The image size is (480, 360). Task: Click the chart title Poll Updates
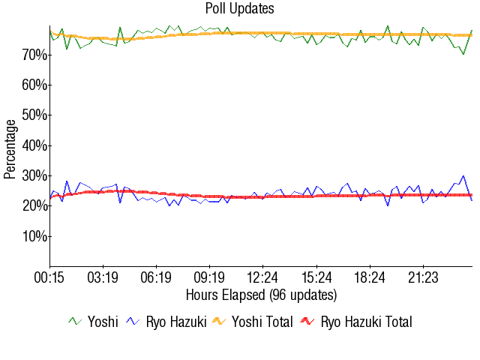[x=240, y=9]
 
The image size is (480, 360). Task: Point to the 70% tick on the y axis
[x=34, y=55]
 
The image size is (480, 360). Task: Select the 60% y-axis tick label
[x=34, y=85]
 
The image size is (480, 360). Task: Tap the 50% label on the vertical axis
[x=34, y=115]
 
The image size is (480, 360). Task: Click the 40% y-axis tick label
[x=34, y=145]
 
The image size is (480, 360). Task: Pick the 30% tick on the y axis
[x=34, y=175]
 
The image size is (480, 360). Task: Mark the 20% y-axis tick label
[x=34, y=205]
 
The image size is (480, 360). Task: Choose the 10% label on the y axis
[x=34, y=236]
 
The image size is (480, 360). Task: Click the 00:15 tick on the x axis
[x=49, y=278]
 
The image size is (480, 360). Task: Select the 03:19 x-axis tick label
[x=103, y=278]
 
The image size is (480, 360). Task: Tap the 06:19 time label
[x=156, y=278]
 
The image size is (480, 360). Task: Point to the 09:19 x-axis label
[x=209, y=278]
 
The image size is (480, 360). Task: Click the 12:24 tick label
[x=263, y=278]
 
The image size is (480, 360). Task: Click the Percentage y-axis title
[x=10, y=148]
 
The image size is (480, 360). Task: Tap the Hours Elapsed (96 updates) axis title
[x=261, y=295]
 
